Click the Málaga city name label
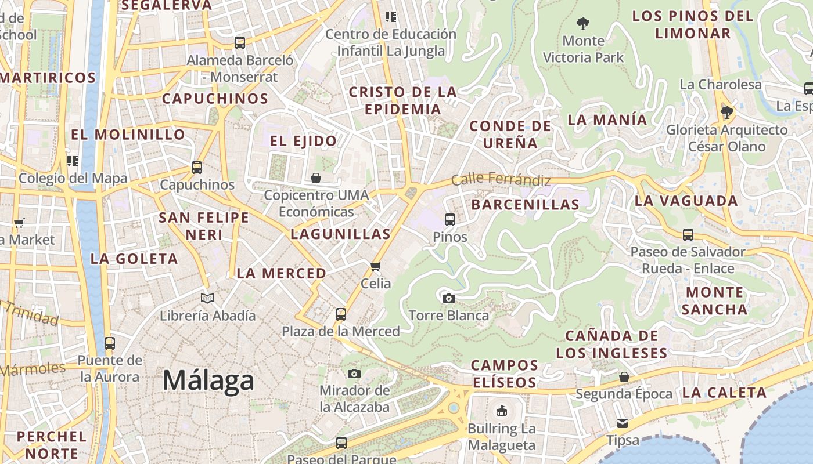[x=208, y=381]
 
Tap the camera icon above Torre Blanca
[x=448, y=298]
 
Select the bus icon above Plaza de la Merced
[x=341, y=314]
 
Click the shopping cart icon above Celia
[x=375, y=266]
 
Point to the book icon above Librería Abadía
[x=207, y=298]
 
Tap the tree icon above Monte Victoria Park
[x=583, y=24]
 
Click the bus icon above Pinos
[x=450, y=220]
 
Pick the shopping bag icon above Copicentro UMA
[x=316, y=177]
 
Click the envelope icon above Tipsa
[x=623, y=423]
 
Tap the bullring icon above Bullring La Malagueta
[x=501, y=412]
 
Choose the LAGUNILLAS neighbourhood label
[x=340, y=234]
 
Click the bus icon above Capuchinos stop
[x=197, y=168]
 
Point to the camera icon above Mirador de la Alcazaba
[x=354, y=373]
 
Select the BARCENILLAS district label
[x=525, y=204]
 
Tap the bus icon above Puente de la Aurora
[x=110, y=343]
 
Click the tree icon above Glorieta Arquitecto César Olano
[x=726, y=112]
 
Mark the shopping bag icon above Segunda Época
[x=624, y=377]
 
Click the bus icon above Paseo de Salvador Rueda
[x=688, y=235]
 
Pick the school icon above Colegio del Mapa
[x=73, y=161]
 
